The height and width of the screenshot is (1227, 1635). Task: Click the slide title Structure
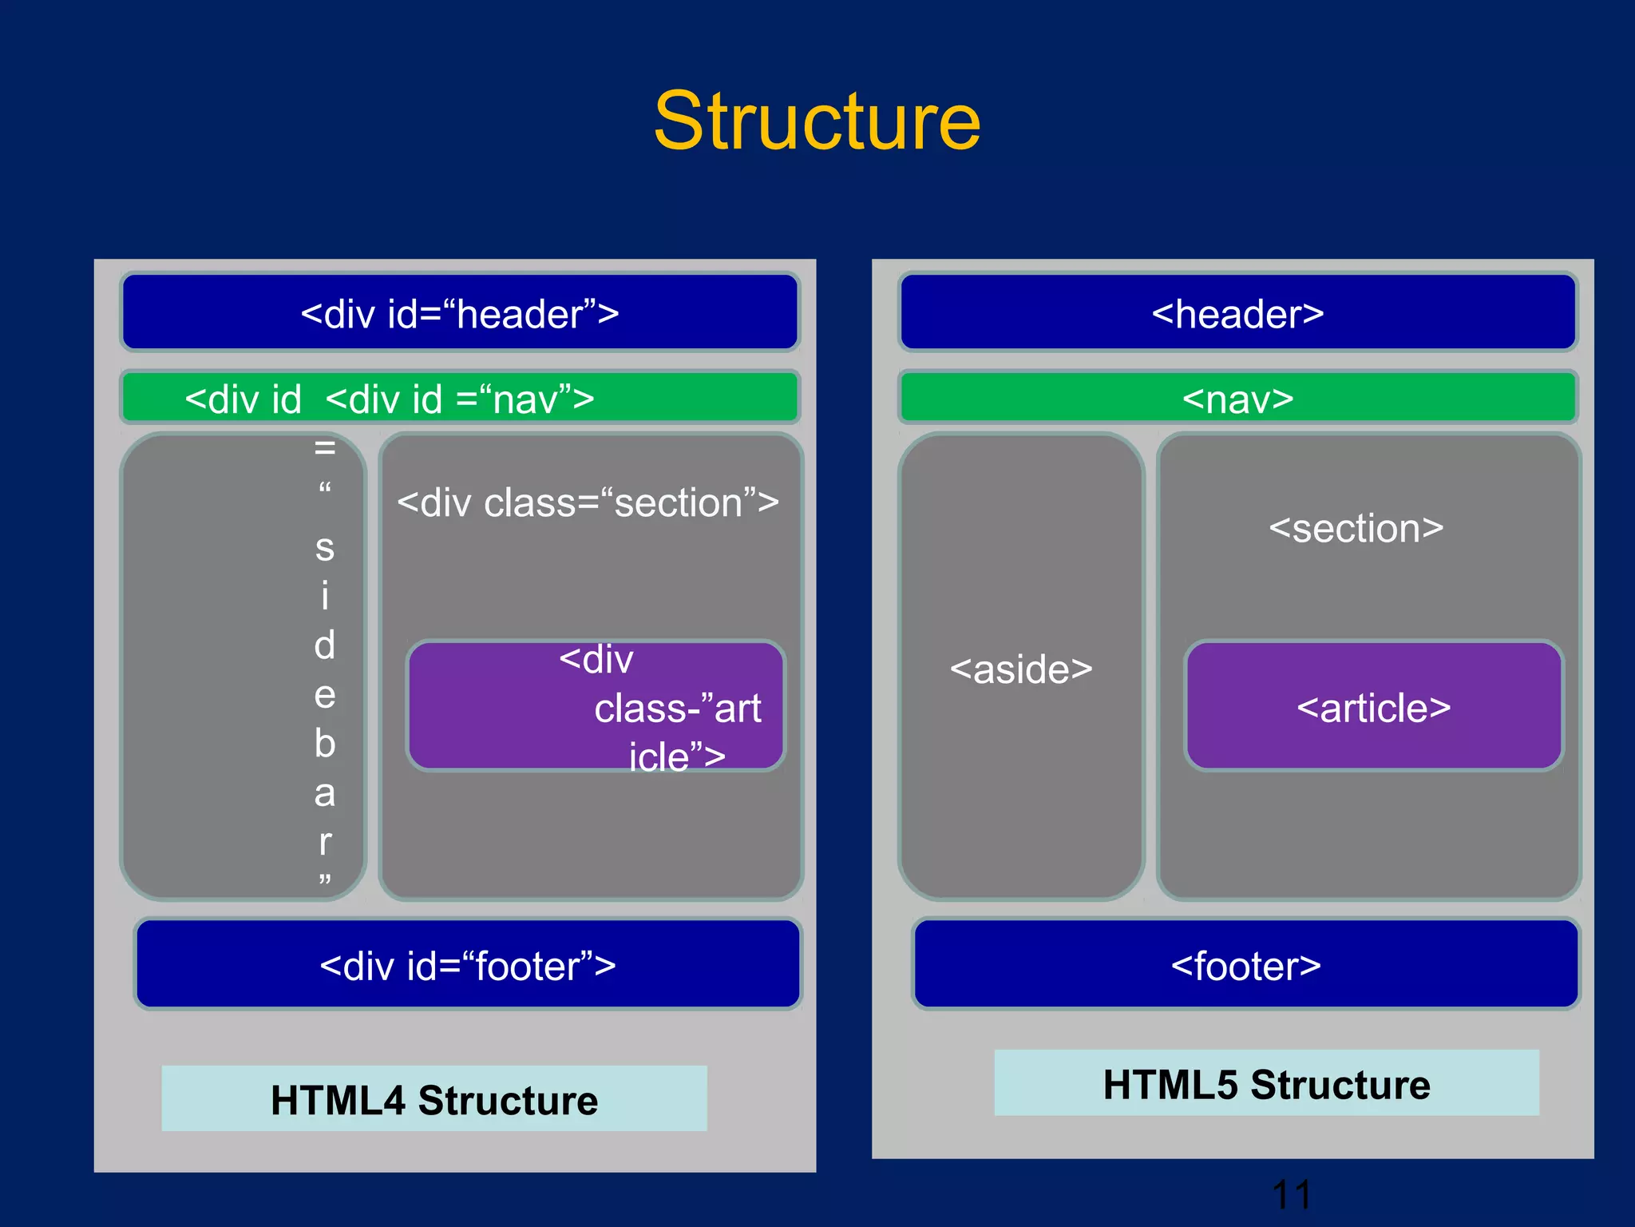[x=817, y=121]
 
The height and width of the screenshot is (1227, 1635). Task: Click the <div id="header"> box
[x=460, y=313]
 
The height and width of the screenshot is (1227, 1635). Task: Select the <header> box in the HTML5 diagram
[x=1237, y=313]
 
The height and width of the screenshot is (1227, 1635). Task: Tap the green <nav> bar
[x=1237, y=398]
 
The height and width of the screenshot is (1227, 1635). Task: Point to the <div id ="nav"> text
[x=460, y=398]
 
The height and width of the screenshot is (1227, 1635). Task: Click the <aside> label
[x=1020, y=669]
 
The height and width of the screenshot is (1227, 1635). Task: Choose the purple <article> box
[x=1373, y=707]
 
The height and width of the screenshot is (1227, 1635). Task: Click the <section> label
[x=1356, y=529]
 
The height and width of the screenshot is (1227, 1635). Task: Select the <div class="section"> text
[x=588, y=503]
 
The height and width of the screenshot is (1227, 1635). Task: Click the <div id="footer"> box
[x=468, y=965]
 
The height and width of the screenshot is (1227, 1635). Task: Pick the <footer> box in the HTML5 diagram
[x=1245, y=965]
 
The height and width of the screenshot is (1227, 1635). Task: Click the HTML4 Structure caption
[x=433, y=1099]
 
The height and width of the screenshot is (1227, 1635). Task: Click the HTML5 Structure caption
[x=1266, y=1084]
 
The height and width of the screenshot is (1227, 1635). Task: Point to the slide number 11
[x=1291, y=1194]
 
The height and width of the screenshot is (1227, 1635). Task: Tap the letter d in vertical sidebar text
[x=324, y=645]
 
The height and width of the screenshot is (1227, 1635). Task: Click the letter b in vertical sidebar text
[x=324, y=743]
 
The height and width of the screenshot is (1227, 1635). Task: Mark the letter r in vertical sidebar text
[x=324, y=842]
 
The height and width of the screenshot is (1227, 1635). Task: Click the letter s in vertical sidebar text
[x=324, y=548]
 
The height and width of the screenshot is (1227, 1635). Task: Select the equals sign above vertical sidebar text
[x=324, y=447]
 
